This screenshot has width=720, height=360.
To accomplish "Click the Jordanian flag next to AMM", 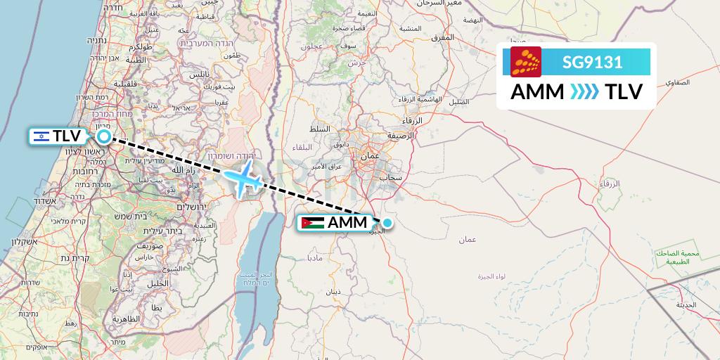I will [312, 224].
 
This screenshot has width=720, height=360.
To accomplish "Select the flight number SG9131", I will [592, 63].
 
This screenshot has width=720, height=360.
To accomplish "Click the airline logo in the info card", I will [526, 62].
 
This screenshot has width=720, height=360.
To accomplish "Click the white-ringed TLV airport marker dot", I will [104, 136].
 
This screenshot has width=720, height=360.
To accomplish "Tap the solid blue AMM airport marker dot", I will [387, 224].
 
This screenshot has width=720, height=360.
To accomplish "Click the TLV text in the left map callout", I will [67, 136].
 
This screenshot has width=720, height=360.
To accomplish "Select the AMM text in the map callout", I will [347, 224].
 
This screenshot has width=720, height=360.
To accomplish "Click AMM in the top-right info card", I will [537, 92].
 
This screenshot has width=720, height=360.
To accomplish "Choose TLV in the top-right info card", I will [624, 92].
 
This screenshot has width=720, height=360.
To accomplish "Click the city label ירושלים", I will [191, 207].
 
